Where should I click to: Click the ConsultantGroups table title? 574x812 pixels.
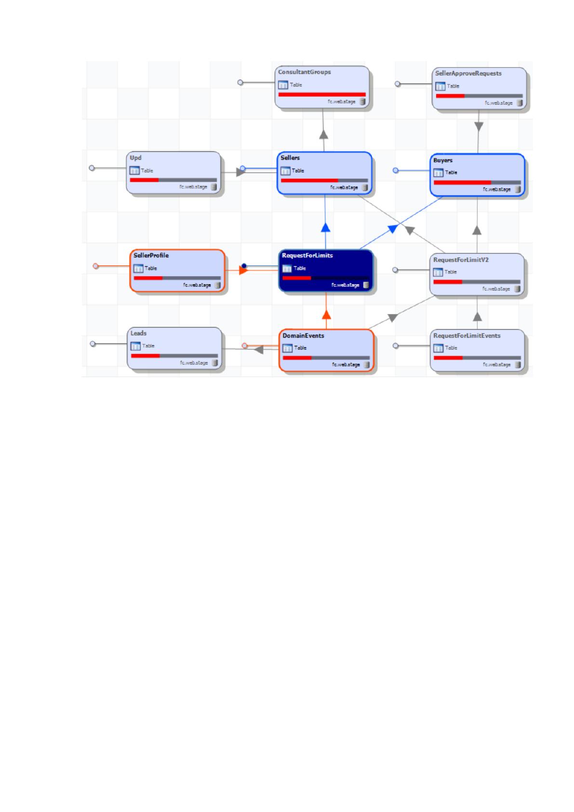[305, 72]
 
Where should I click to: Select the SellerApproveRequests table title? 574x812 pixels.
[468, 74]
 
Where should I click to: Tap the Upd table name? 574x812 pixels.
[135, 158]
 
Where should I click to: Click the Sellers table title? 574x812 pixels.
[290, 158]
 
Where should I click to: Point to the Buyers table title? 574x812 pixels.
[443, 160]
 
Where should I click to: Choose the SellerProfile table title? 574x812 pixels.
[151, 256]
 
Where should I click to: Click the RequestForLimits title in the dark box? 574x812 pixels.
[307, 256]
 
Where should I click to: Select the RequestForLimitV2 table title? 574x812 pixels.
[461, 260]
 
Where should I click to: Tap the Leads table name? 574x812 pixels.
[138, 333]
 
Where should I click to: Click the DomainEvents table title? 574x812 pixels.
[303, 336]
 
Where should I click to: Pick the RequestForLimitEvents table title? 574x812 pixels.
[467, 336]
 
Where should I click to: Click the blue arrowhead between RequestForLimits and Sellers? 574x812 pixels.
[325, 227]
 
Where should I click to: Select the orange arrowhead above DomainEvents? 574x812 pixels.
[326, 315]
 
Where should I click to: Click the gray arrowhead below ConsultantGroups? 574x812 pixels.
[323, 135]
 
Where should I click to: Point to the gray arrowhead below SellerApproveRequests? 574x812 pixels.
[479, 127]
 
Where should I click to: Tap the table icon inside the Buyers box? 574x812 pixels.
[439, 173]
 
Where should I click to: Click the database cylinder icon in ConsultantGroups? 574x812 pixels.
[362, 102]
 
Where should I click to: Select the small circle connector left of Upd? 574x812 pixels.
[92, 168]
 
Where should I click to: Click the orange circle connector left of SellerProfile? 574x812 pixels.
[95, 266]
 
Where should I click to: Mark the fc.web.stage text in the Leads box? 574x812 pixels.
[194, 363]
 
